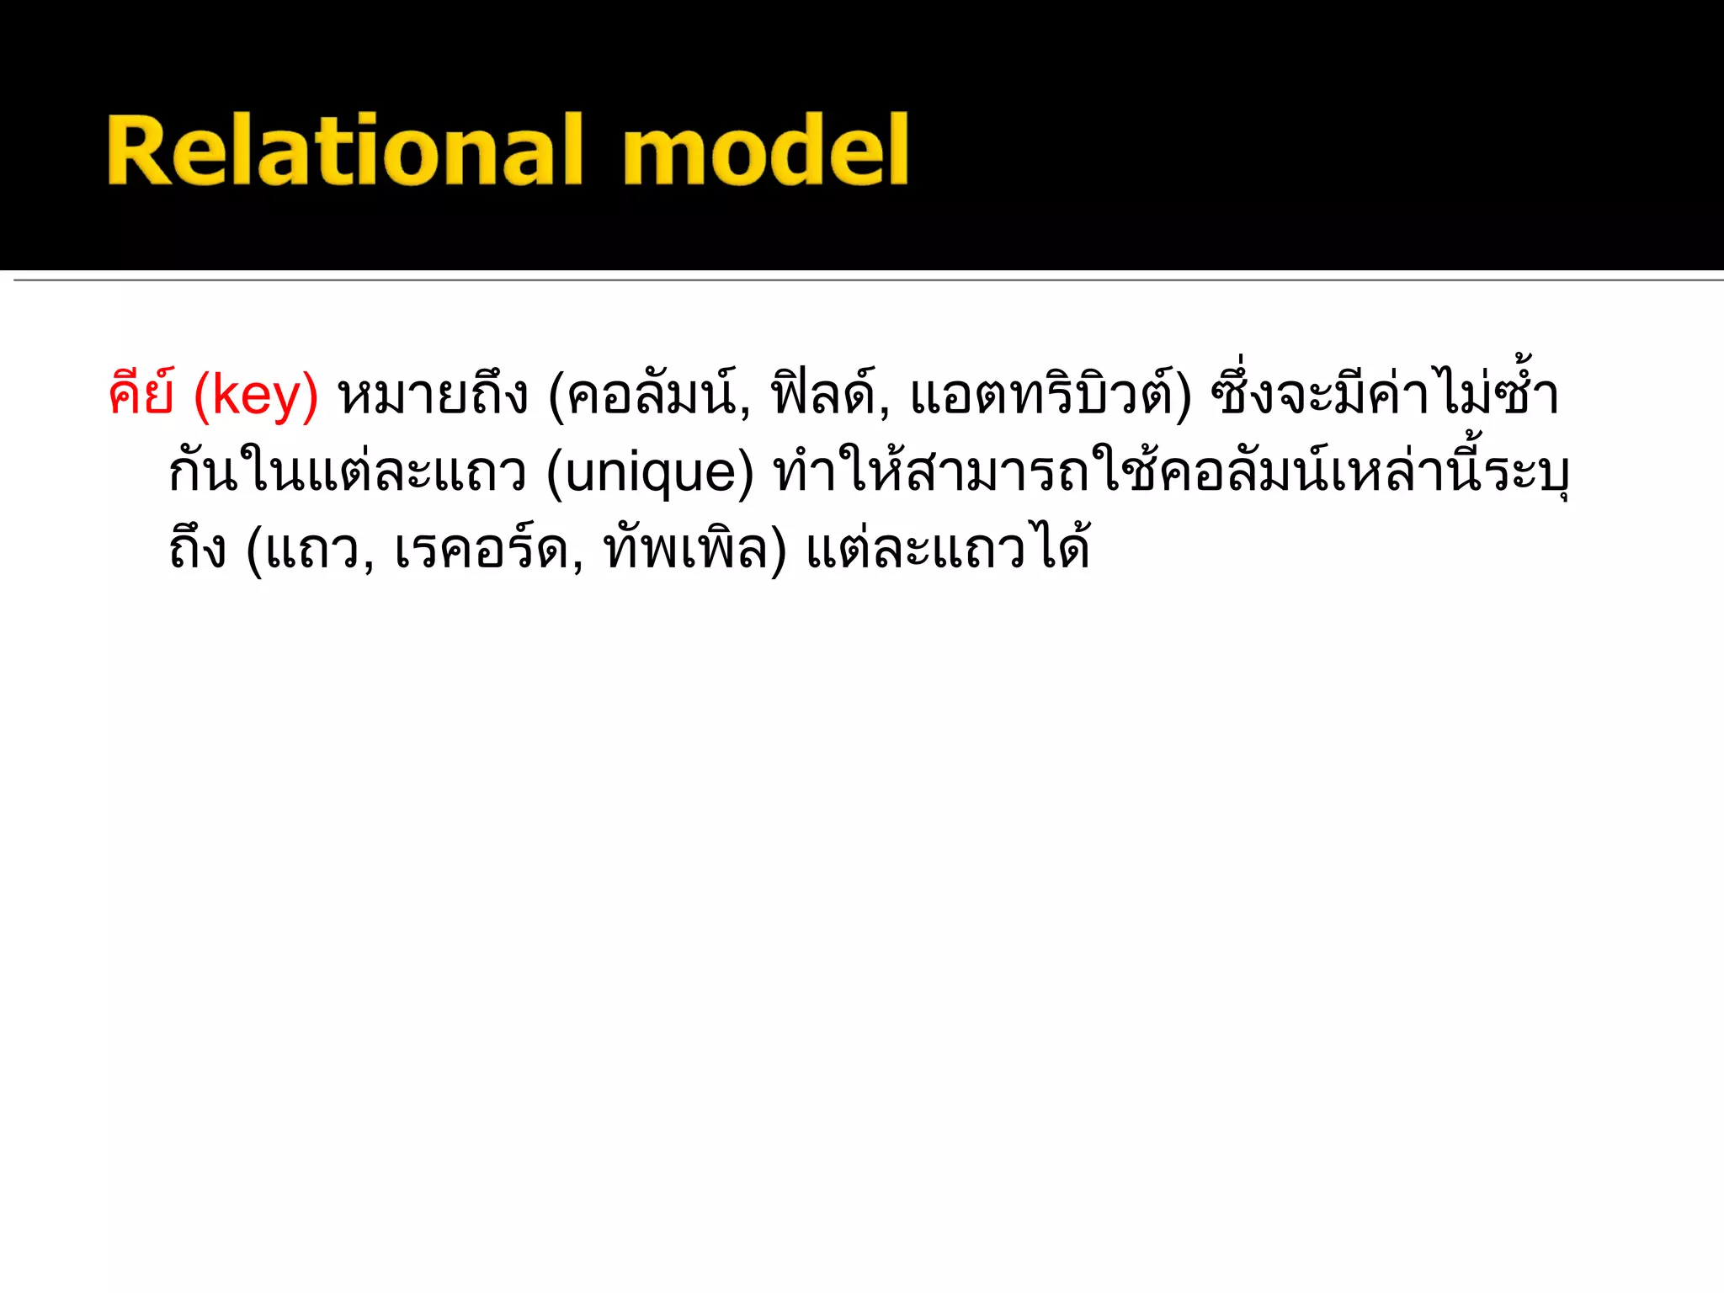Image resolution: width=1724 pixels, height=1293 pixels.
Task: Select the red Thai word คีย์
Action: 141,394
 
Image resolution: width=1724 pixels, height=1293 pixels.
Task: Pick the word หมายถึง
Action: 433,394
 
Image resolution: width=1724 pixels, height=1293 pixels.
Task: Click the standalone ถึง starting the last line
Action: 198,549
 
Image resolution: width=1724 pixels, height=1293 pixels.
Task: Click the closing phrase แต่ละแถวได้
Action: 948,549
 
